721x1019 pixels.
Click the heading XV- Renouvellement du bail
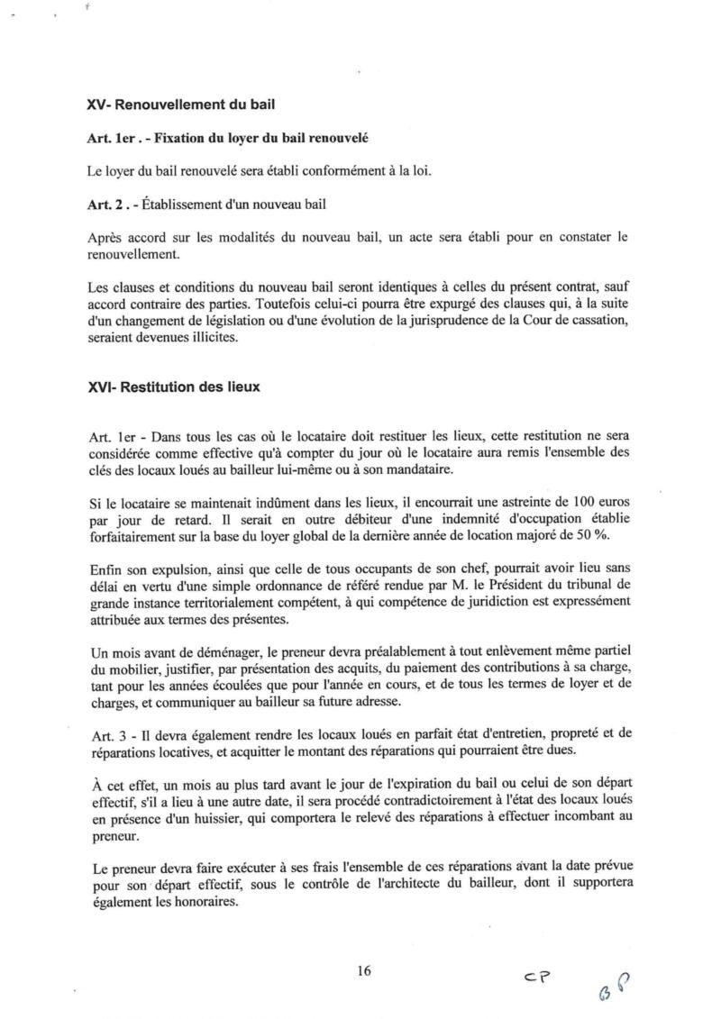180,105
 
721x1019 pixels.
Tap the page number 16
364,971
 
